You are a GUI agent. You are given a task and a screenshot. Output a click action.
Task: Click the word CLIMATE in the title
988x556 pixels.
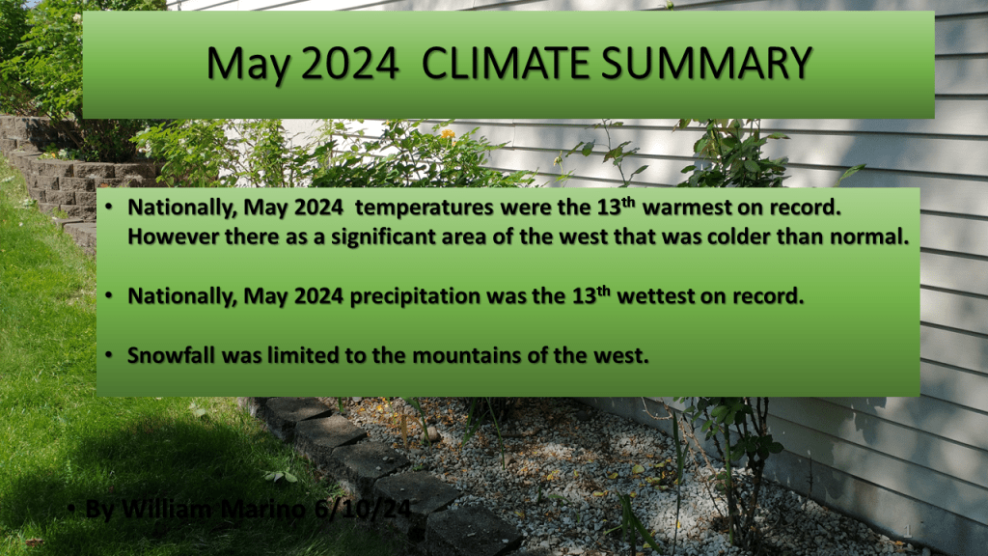click(506, 64)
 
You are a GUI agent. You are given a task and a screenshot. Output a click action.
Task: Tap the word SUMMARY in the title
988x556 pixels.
click(706, 64)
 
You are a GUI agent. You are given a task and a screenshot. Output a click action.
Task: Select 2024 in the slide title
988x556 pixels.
click(349, 64)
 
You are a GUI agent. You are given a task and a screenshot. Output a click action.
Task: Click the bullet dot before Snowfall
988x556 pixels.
click(109, 355)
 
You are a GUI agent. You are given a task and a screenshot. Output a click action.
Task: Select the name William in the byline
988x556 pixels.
click(166, 508)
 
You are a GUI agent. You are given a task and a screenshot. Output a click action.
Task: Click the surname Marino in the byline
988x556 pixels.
click(263, 508)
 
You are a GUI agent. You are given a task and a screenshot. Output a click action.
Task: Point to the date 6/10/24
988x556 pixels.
click(363, 508)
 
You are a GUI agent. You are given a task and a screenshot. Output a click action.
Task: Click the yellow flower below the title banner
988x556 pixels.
click(448, 133)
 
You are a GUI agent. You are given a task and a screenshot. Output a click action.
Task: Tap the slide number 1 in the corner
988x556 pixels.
click(908, 531)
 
